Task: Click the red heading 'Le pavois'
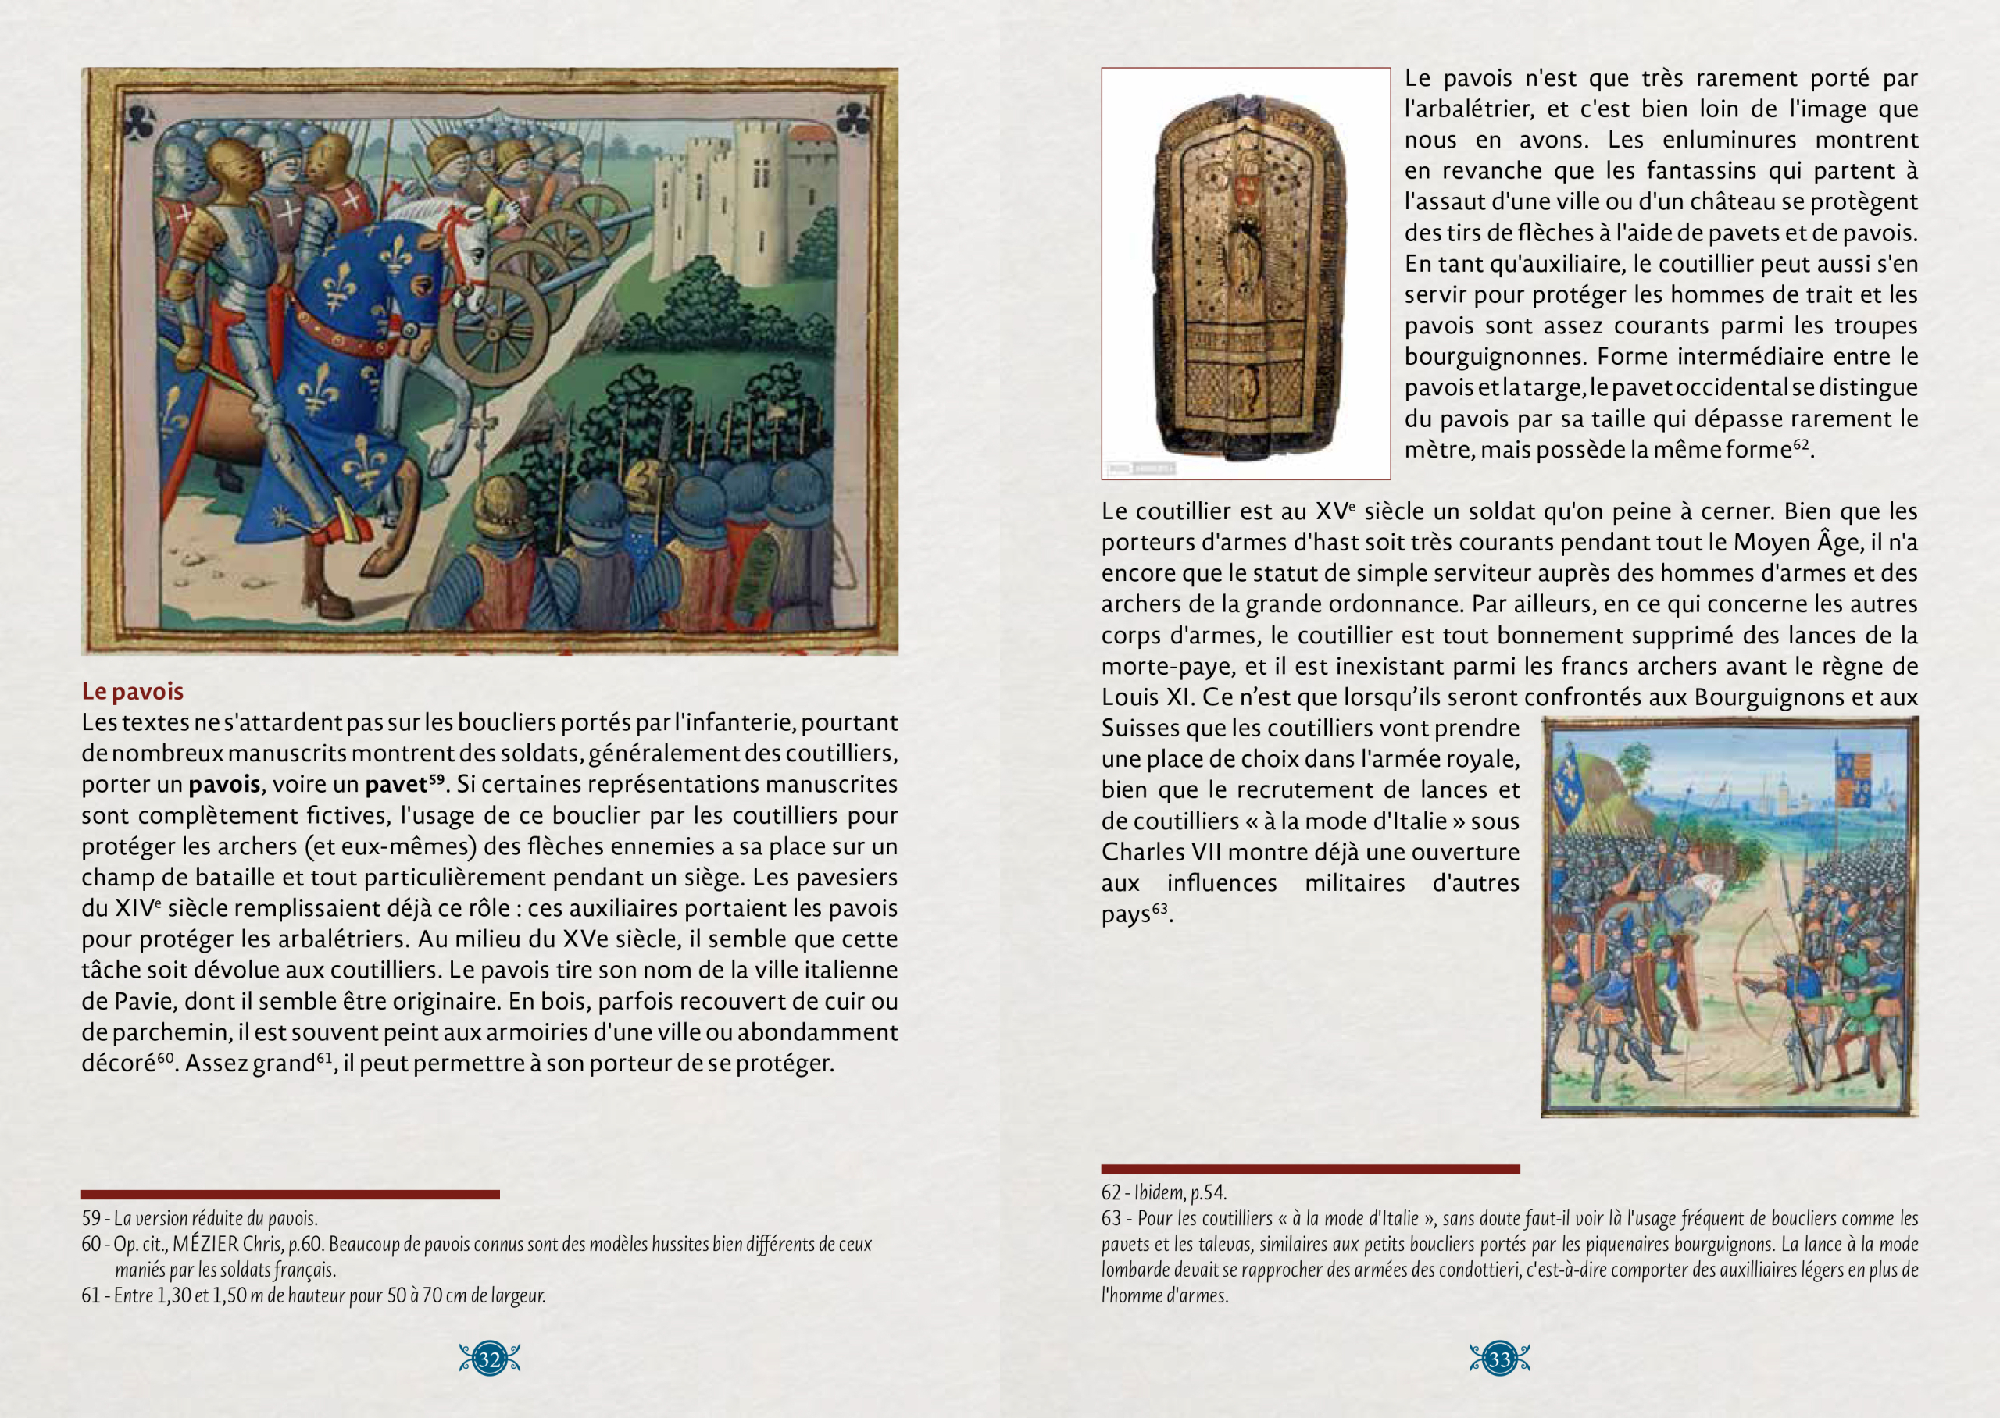point(133,692)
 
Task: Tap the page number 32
point(489,1359)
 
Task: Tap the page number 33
point(1498,1359)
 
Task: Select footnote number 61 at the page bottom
point(91,1295)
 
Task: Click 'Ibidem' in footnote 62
point(1159,1192)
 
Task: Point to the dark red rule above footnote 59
point(290,1195)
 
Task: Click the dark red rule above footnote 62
point(1310,1168)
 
